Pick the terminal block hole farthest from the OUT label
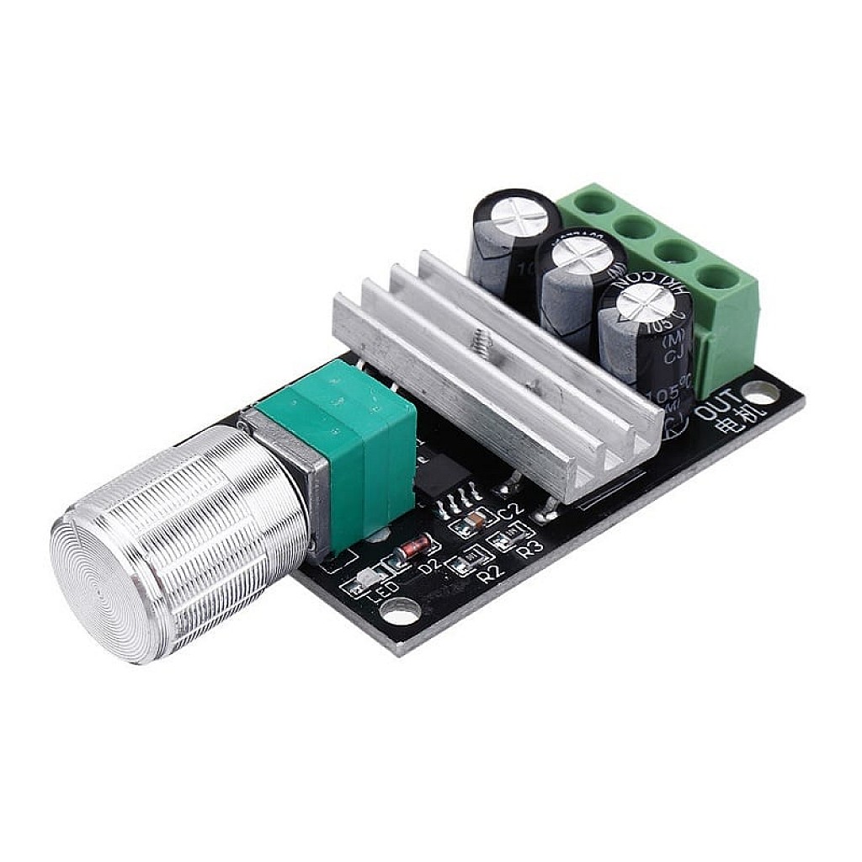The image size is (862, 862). pos(596,202)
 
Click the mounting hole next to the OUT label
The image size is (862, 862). pos(761,391)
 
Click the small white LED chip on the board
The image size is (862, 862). pos(368,577)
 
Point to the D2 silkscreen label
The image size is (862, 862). pos(430,567)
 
